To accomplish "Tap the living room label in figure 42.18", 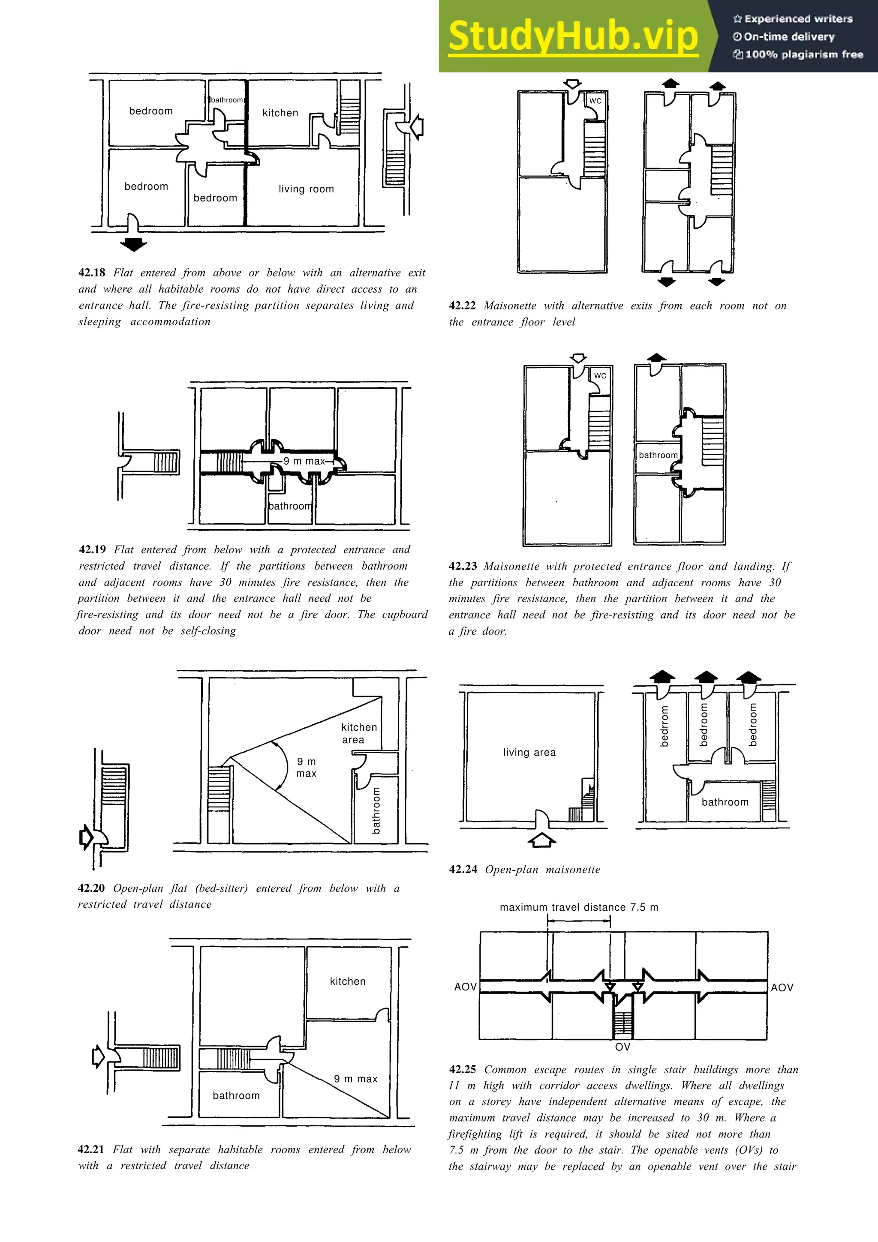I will click(x=306, y=189).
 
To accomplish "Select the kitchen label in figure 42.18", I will click(x=280, y=113).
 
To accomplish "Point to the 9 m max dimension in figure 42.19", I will click(x=304, y=461).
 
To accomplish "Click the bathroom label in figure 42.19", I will click(x=291, y=506).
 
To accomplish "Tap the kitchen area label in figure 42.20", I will click(x=359, y=733).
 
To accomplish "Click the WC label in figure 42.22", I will click(x=595, y=101).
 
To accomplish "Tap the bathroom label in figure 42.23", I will click(x=658, y=455).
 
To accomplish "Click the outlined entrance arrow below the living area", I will click(x=541, y=840).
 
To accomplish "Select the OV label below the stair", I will click(x=622, y=1046).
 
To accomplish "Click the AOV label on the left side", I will click(x=465, y=987).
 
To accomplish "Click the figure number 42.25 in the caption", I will click(x=463, y=1069).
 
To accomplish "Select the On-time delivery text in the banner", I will click(x=789, y=37).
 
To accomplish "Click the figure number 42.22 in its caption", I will click(x=463, y=305).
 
